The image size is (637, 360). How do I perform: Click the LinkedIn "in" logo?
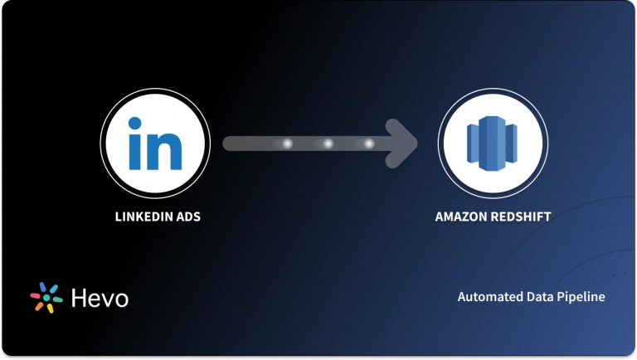point(154,143)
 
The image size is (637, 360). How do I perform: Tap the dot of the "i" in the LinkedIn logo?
point(135,124)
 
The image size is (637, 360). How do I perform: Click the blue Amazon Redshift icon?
point(492,143)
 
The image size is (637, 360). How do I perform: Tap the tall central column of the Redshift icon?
point(492,143)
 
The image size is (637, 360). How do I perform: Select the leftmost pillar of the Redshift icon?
point(471,144)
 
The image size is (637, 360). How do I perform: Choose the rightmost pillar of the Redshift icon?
point(513,144)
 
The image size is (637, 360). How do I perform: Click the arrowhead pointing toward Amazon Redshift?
point(404,143)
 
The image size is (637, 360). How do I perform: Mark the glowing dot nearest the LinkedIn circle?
point(288,144)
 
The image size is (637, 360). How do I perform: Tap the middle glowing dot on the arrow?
point(328,144)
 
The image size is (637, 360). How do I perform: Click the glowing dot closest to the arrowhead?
point(369,144)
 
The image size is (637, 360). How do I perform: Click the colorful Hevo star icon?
point(46,298)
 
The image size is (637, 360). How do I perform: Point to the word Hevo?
point(100,298)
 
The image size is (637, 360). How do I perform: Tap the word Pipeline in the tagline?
point(581,296)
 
